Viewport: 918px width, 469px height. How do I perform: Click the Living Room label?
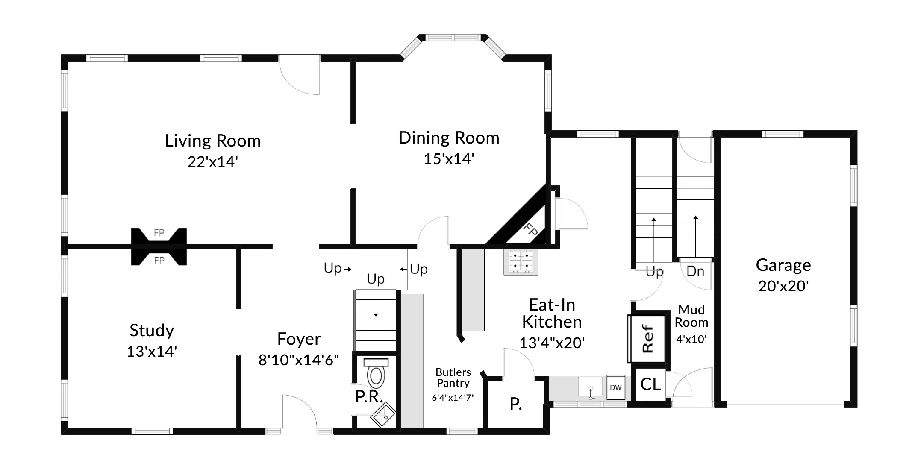[213, 141]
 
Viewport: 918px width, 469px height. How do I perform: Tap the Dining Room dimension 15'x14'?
[449, 159]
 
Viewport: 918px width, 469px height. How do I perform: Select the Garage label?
[783, 265]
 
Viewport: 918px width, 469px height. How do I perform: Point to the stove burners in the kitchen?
[521, 261]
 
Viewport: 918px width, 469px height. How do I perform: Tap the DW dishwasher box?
[615, 387]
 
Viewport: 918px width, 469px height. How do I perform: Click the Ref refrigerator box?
[647, 339]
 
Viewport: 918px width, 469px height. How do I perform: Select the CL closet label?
[650, 384]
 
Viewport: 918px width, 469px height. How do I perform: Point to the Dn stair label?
[695, 271]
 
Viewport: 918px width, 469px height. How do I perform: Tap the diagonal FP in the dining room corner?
[530, 231]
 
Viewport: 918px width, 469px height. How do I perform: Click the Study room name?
[152, 330]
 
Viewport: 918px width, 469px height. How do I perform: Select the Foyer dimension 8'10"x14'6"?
[298, 360]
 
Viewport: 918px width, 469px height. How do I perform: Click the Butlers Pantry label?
[453, 378]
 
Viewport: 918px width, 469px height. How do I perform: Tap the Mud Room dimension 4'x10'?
[691, 340]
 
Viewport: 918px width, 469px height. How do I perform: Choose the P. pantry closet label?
[516, 404]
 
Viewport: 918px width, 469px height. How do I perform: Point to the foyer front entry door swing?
[299, 412]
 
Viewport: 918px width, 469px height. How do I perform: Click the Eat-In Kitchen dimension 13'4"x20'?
[552, 343]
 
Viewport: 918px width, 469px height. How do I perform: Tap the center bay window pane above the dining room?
[453, 38]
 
